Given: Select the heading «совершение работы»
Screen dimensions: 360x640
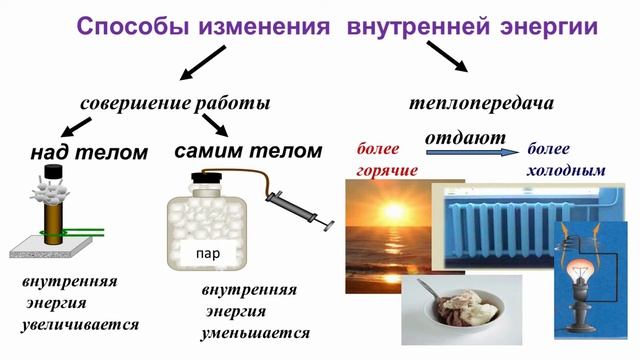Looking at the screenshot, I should pos(176,103).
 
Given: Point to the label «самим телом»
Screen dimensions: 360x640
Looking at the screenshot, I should pos(248,151).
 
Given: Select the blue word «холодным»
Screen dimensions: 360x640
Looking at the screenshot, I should pos(566,171).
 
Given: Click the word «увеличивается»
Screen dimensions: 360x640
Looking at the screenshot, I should pos(79,325).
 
